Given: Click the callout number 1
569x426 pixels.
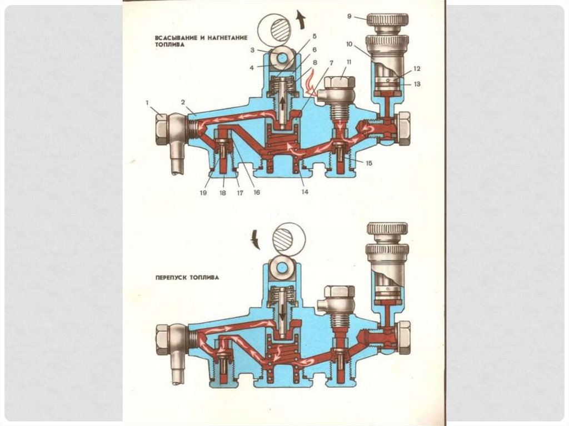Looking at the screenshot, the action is [148, 102].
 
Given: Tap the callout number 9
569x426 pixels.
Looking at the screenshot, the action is [350, 17].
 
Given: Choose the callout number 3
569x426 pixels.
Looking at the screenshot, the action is [252, 50].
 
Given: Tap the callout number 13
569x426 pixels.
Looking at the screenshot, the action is [417, 83].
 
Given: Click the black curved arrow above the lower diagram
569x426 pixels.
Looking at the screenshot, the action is [256, 239].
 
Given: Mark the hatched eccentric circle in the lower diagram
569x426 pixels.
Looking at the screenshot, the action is [287, 237].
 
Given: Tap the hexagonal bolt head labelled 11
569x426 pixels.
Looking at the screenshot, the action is [339, 83].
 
